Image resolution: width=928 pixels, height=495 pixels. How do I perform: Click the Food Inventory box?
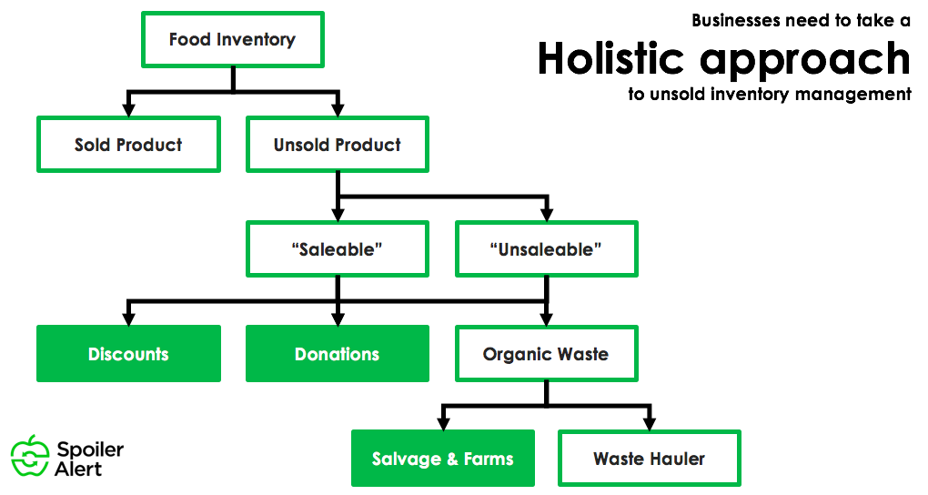(x=232, y=39)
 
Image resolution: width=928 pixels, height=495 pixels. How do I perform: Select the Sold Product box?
(x=128, y=144)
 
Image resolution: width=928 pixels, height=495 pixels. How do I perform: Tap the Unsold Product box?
(x=337, y=144)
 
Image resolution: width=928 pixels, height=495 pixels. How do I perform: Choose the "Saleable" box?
(x=337, y=249)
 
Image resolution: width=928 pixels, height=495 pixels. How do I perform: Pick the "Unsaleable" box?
(x=546, y=249)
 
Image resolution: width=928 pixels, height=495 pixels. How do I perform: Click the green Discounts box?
(x=128, y=354)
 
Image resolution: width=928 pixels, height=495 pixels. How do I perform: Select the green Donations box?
(x=337, y=354)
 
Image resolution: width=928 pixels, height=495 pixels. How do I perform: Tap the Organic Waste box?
(x=546, y=354)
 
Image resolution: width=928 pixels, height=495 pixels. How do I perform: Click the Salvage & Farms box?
(x=442, y=459)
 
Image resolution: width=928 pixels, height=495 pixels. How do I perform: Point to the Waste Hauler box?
(x=649, y=459)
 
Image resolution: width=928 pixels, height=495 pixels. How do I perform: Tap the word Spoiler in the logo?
(x=90, y=450)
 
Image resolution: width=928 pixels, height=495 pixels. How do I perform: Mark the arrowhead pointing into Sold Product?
(x=128, y=109)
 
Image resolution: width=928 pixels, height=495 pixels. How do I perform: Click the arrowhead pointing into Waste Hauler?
(x=649, y=423)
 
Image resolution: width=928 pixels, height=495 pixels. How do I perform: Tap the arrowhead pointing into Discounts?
(x=128, y=318)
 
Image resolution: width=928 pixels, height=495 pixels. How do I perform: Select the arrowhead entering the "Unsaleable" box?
(x=546, y=215)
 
